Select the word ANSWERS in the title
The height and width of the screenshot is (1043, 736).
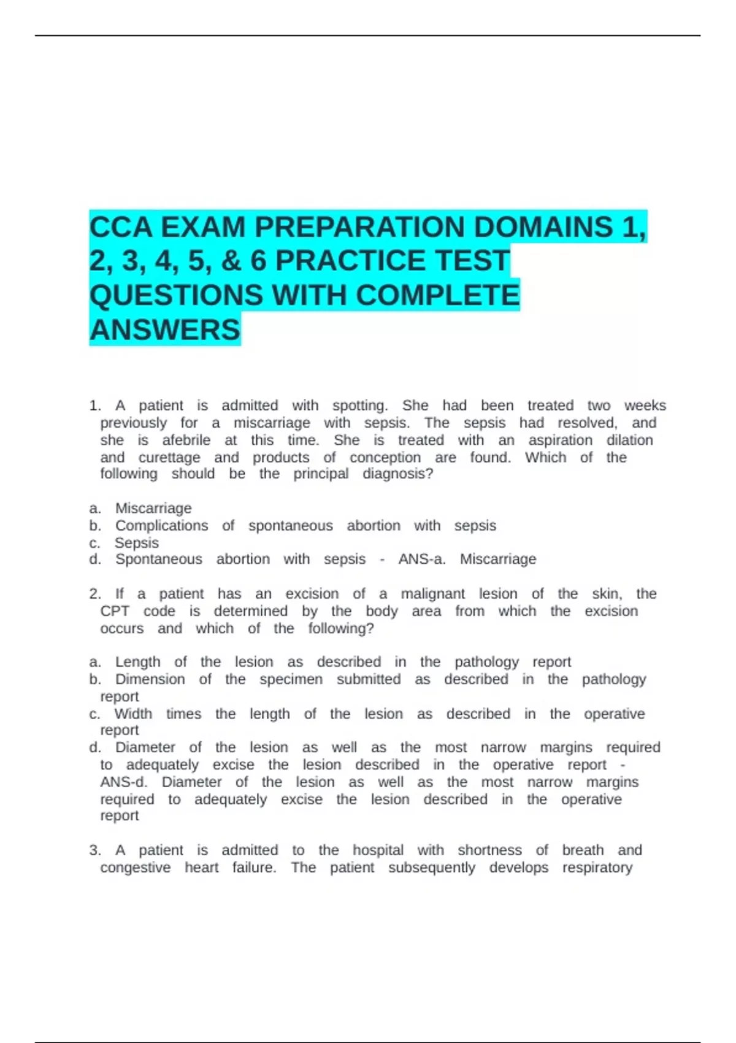165,330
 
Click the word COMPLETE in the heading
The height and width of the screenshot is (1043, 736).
437,295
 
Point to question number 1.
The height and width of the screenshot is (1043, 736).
95,406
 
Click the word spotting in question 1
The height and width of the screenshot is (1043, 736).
359,406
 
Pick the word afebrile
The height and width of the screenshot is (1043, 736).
186,440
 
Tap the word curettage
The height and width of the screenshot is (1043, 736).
169,457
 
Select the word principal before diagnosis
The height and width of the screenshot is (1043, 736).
321,474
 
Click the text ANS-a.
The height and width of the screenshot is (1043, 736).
421,559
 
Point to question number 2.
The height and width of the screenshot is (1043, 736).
95,594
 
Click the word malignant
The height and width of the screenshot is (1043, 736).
432,594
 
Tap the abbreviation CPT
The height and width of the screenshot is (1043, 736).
115,611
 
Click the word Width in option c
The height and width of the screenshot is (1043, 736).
133,714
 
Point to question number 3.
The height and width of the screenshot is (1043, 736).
95,850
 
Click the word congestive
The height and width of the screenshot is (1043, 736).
136,868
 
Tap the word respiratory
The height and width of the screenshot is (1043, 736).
597,868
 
